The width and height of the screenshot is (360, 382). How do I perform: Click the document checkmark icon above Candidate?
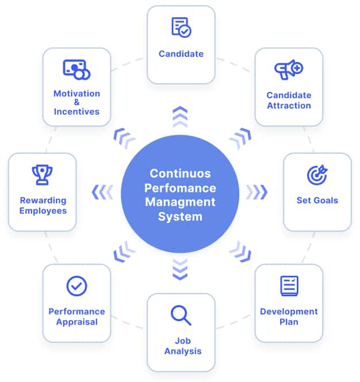(181, 27)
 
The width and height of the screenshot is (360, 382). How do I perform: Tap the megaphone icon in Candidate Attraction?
(289, 70)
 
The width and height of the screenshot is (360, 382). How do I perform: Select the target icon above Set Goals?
(317, 175)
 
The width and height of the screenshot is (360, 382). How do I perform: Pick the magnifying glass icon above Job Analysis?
(181, 315)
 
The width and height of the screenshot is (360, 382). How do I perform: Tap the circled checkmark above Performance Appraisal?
(76, 285)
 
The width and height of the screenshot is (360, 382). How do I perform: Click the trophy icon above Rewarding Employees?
(43, 175)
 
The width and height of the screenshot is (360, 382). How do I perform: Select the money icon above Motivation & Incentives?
(76, 70)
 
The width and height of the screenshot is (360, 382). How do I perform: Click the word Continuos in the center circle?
(181, 173)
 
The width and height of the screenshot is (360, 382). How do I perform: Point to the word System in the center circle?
(181, 217)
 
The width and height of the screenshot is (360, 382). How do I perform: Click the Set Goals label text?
(317, 200)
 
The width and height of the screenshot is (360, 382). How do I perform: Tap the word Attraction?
(289, 106)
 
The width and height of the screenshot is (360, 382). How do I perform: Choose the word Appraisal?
(76, 322)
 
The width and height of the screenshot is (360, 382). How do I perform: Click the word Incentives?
(76, 111)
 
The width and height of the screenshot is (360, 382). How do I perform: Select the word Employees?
(43, 211)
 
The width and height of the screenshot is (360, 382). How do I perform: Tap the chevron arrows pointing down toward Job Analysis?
(180, 269)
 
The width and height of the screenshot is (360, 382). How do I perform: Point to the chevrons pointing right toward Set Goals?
(257, 192)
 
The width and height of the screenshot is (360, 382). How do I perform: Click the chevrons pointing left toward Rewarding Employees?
(104, 192)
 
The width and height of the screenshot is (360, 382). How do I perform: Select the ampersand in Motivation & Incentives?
(76, 102)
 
